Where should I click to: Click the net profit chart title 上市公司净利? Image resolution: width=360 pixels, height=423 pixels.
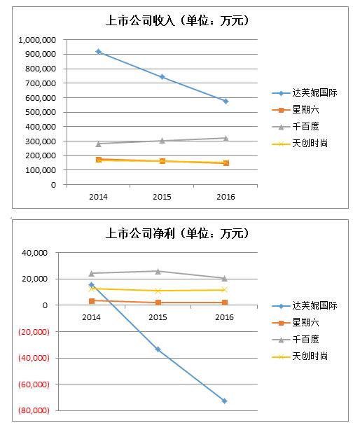pos(140,233)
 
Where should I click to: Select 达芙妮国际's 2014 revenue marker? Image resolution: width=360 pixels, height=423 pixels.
pos(99,52)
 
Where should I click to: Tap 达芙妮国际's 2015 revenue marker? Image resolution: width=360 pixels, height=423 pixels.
pos(162,77)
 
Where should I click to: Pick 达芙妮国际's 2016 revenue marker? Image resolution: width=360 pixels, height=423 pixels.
pos(226,101)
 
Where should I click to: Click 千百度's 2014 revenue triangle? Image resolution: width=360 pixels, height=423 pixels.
pos(99,144)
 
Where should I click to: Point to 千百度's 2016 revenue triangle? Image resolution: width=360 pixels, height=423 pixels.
pos(226,139)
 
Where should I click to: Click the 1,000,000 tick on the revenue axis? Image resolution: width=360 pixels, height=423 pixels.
pos(37,40)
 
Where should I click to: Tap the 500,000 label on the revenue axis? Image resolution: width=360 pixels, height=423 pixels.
pos(41,112)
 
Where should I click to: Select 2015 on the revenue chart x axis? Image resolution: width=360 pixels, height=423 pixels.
pos(162,197)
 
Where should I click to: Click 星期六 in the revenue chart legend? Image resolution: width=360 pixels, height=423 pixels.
pos(305,109)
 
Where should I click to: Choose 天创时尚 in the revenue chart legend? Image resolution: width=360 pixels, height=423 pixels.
pos(310,144)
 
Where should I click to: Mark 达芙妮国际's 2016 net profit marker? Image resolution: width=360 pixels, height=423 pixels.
pos(224,401)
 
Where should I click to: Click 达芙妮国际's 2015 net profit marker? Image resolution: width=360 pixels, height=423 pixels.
pos(158,349)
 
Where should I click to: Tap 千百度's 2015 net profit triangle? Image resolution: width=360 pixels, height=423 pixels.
pos(158,272)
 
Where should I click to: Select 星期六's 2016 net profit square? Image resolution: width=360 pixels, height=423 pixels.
pos(225,303)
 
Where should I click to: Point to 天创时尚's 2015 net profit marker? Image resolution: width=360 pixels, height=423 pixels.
pos(158,291)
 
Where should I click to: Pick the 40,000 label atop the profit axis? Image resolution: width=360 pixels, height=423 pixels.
pos(34,253)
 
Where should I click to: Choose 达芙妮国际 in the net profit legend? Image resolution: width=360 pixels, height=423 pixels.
pos(314,305)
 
